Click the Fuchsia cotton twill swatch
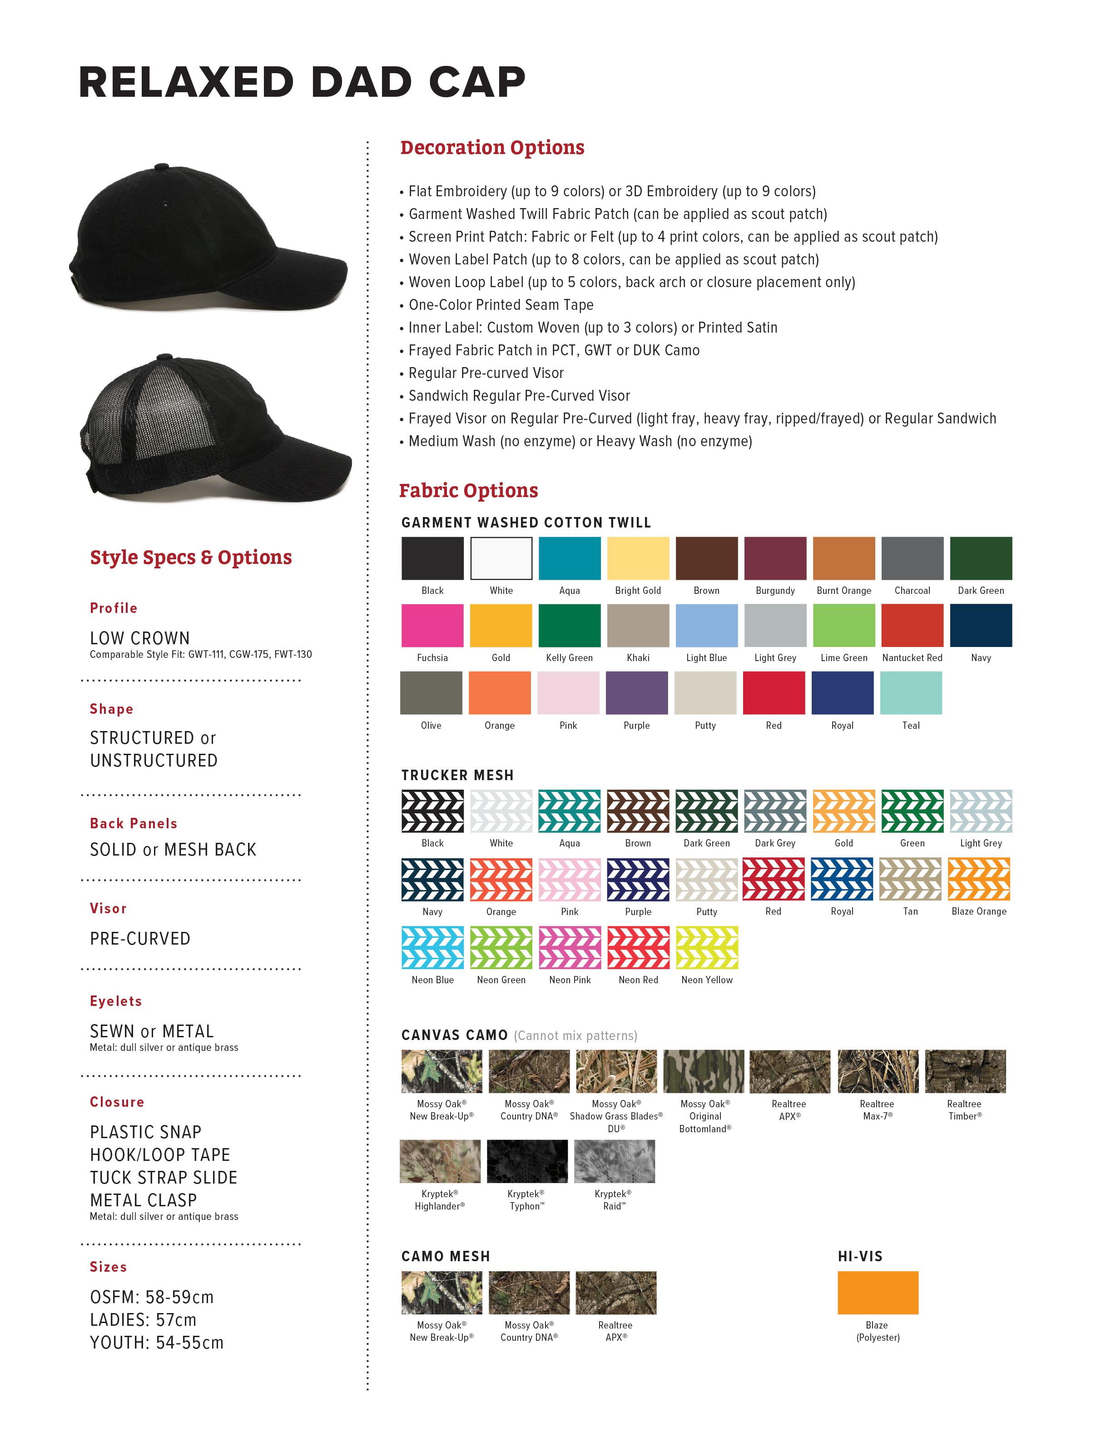tap(432, 625)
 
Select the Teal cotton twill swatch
tap(911, 693)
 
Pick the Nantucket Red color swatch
tap(912, 625)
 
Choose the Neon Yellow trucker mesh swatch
tap(706, 947)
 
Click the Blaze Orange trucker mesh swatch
tap(979, 879)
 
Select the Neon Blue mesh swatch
tap(432, 947)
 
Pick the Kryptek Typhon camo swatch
tap(527, 1161)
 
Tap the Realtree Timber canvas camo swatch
tap(965, 1071)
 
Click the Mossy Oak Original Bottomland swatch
tap(703, 1071)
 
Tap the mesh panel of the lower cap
tap(119, 431)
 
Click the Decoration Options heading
tap(492, 147)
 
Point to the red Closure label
tap(117, 1102)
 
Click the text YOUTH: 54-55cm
tap(156, 1343)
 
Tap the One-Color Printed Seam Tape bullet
tap(501, 305)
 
